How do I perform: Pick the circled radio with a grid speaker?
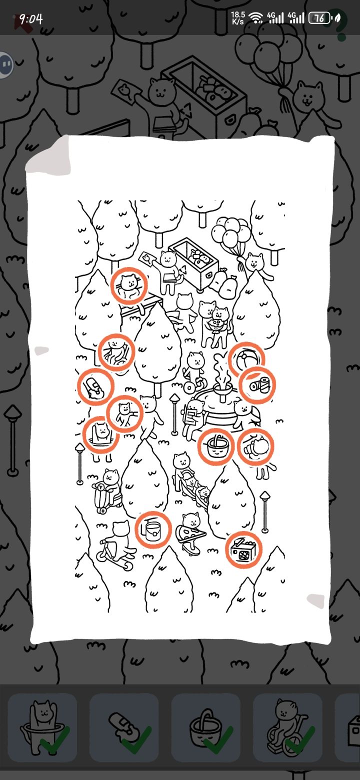(243, 550)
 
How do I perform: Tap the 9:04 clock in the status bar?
(31, 19)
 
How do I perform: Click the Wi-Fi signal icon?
(256, 18)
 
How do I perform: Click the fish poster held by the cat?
(147, 259)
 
